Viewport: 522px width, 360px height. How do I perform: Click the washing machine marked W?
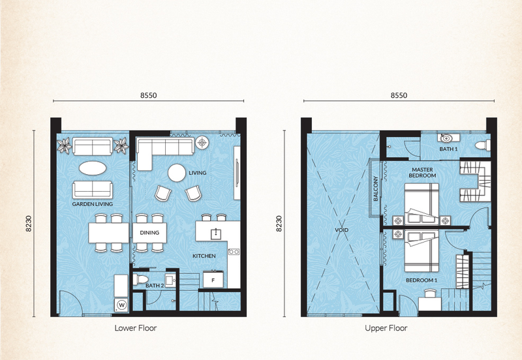point(121,305)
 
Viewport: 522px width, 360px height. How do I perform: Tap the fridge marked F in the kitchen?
point(213,280)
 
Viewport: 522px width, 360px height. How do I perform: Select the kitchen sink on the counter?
point(216,233)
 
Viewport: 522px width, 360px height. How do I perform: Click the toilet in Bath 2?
point(140,280)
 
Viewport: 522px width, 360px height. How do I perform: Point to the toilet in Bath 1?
point(483,145)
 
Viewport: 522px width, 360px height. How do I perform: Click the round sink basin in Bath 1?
point(446,138)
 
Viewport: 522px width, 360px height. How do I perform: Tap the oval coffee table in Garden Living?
point(93,168)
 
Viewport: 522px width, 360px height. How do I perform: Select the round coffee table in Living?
point(177,173)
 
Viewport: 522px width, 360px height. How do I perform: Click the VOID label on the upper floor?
point(341,230)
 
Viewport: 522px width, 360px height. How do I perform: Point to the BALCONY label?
point(376,188)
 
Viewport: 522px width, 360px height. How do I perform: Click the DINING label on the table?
point(149,233)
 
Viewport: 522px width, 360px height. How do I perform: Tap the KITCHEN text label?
point(204,256)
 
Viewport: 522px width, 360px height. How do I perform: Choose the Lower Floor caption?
point(136,328)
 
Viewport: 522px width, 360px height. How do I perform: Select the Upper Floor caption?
point(386,328)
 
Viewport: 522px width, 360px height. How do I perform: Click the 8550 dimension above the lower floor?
point(149,95)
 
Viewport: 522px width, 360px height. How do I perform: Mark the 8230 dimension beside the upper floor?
point(279,224)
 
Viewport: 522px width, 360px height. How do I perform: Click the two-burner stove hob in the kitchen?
point(234,252)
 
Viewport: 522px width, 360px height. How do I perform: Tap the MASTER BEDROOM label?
point(422,172)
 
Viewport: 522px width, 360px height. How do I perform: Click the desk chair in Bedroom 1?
point(429,293)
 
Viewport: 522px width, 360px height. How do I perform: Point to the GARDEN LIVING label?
point(93,204)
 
